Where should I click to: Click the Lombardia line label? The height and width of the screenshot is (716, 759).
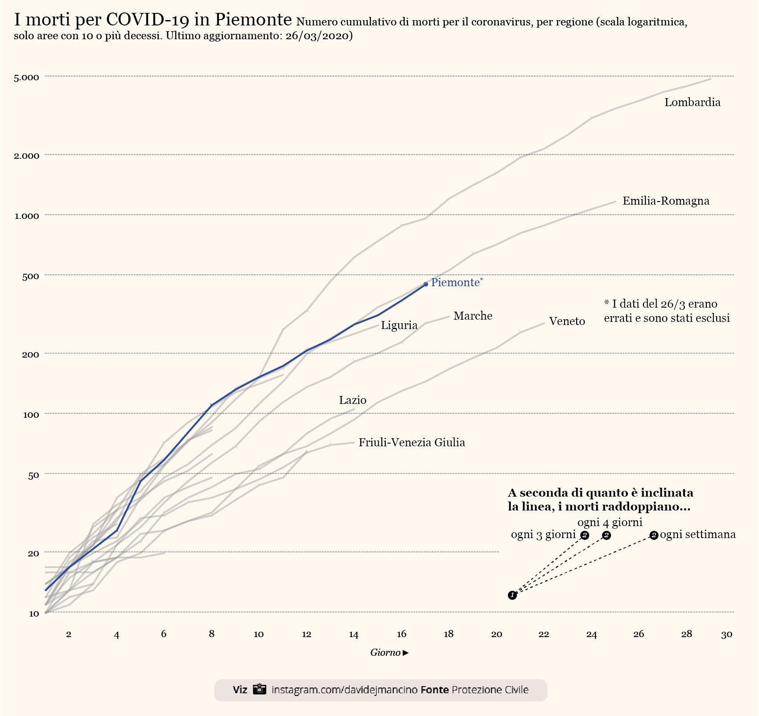click(x=692, y=103)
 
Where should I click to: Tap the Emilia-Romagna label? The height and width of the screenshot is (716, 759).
click(x=666, y=201)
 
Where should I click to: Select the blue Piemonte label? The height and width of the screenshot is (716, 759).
click(x=455, y=283)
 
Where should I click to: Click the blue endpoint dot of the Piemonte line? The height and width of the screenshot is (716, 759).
click(x=426, y=284)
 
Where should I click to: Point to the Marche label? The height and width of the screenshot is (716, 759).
click(x=473, y=316)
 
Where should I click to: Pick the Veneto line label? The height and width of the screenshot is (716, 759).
click(x=567, y=321)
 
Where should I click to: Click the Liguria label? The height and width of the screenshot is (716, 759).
click(x=399, y=325)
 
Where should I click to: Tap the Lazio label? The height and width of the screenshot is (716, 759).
click(x=352, y=400)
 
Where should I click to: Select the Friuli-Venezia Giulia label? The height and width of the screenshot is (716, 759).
click(x=412, y=443)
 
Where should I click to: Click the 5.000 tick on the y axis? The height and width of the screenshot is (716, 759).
click(x=27, y=78)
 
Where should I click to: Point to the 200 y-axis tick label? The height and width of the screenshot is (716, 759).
click(x=31, y=354)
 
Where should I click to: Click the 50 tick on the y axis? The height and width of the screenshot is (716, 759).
click(x=33, y=475)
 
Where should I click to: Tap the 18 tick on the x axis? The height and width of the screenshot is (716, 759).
click(x=449, y=634)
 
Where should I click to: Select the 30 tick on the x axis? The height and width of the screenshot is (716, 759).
click(x=726, y=634)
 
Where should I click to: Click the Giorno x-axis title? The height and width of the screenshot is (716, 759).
click(x=385, y=653)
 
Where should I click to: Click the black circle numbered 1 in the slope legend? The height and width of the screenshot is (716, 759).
click(x=512, y=595)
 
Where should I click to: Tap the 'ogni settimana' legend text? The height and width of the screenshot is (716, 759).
click(x=697, y=535)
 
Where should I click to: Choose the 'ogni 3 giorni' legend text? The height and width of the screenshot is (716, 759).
click(x=543, y=535)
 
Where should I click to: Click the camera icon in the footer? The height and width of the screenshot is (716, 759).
click(x=260, y=689)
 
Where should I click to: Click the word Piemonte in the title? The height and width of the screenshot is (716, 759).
click(x=253, y=20)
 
